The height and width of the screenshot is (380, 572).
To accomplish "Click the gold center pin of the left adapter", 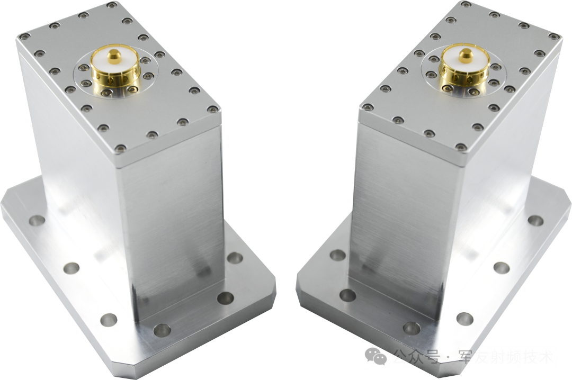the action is click(x=113, y=56).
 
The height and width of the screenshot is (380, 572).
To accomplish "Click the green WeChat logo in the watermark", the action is click(x=376, y=356).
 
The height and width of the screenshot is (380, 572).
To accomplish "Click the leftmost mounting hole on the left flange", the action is click(x=37, y=220).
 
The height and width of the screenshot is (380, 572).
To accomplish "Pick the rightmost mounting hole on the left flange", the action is click(x=235, y=258).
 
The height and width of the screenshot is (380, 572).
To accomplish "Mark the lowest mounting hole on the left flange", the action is click(x=162, y=330).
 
